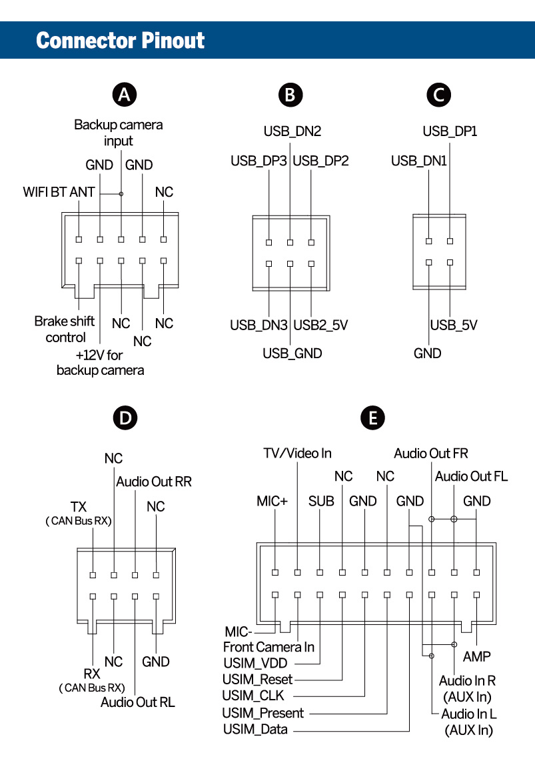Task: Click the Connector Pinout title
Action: (x=121, y=41)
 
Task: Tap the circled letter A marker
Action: (x=123, y=95)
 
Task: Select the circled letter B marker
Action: (x=290, y=95)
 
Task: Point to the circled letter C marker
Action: (x=438, y=95)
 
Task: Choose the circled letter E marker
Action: (x=372, y=418)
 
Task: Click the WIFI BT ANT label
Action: (x=59, y=192)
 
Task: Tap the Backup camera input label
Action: (x=118, y=132)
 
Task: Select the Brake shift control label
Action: (x=61, y=329)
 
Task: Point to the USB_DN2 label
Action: (x=292, y=131)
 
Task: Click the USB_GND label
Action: (x=292, y=353)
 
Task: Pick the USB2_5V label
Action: (x=321, y=325)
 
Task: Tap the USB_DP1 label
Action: (x=450, y=131)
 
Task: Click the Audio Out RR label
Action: (x=154, y=482)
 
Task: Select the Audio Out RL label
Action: (x=138, y=702)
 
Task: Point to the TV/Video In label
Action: (x=296, y=454)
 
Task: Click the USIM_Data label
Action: (x=255, y=729)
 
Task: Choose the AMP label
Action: (x=477, y=657)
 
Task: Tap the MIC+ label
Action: (x=272, y=500)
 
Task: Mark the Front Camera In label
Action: (x=268, y=647)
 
